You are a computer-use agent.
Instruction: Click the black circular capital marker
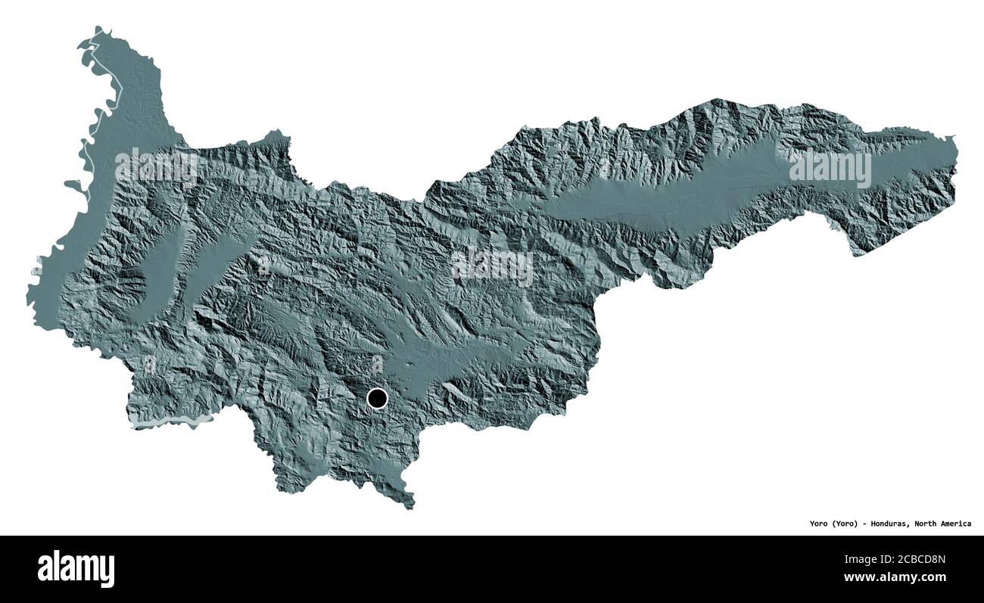coord(377,398)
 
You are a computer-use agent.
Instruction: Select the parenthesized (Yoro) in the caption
coord(845,524)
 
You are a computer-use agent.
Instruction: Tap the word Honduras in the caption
coord(889,524)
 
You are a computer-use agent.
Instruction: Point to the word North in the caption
coord(928,524)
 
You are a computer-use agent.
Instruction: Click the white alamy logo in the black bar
coord(76,568)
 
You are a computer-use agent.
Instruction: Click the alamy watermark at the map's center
coord(492,266)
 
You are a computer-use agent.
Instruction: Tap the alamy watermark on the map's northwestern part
coord(157,168)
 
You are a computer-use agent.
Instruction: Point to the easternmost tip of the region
coord(956,142)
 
